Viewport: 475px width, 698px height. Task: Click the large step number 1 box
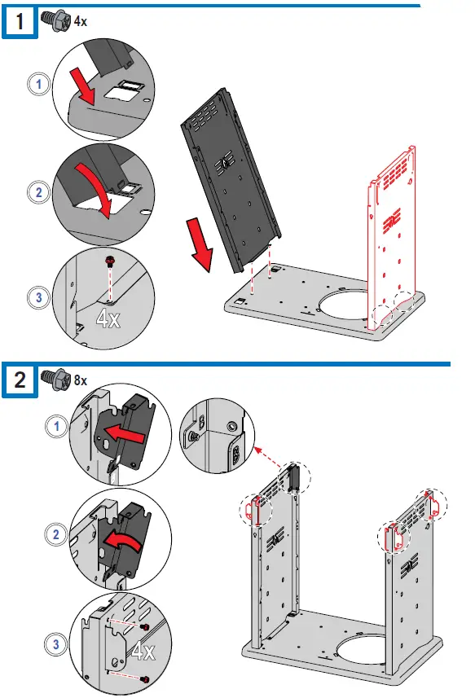click(x=20, y=21)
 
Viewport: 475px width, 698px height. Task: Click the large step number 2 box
click(x=20, y=380)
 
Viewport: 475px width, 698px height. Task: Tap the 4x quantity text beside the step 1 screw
click(x=81, y=21)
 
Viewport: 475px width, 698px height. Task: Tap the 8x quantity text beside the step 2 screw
click(x=81, y=380)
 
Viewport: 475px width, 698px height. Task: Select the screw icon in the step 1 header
click(x=56, y=21)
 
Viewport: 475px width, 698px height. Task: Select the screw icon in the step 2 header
click(x=56, y=380)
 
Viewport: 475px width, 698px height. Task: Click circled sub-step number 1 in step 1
click(x=39, y=84)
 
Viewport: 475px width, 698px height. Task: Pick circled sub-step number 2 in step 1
click(x=39, y=192)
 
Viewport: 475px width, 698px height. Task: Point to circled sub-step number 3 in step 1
click(x=39, y=297)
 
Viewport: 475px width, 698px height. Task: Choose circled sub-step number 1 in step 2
click(x=56, y=427)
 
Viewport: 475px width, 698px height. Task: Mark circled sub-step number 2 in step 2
click(x=56, y=534)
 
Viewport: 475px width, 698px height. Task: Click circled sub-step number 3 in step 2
click(x=56, y=644)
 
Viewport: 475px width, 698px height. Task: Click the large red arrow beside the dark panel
click(x=200, y=244)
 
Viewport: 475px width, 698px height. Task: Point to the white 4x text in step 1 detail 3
click(x=108, y=318)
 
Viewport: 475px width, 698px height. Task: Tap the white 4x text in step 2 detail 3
click(x=143, y=652)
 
